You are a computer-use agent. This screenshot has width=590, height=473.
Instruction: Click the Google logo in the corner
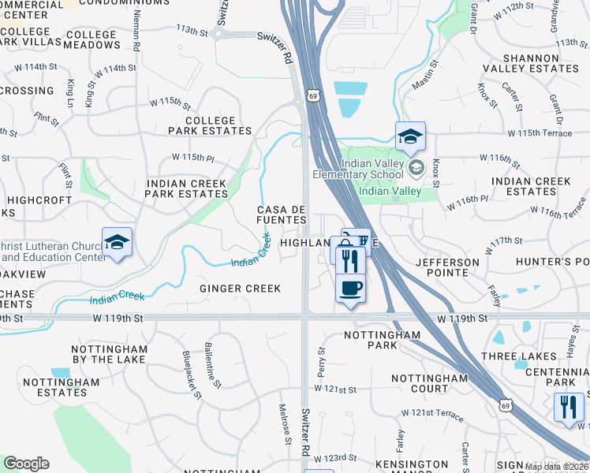point(27,464)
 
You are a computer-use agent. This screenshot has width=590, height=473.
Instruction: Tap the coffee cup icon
point(350,288)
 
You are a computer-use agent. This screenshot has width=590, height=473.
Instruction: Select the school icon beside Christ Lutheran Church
point(117,242)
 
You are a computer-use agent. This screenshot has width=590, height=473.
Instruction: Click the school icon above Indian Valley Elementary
point(410,137)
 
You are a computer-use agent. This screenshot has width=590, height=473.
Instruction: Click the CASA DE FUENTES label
point(282,214)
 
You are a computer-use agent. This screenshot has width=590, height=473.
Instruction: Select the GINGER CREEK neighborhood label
point(240,289)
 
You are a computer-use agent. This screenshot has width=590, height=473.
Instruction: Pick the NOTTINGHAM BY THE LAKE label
point(109,354)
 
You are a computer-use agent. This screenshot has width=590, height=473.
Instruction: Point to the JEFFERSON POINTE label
point(448,267)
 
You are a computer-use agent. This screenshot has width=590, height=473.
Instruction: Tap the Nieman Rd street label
point(137,32)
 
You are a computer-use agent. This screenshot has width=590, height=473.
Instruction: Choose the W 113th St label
point(192,31)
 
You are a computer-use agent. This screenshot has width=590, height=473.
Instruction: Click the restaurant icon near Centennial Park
point(568,407)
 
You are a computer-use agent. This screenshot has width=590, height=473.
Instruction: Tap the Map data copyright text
point(556,467)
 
